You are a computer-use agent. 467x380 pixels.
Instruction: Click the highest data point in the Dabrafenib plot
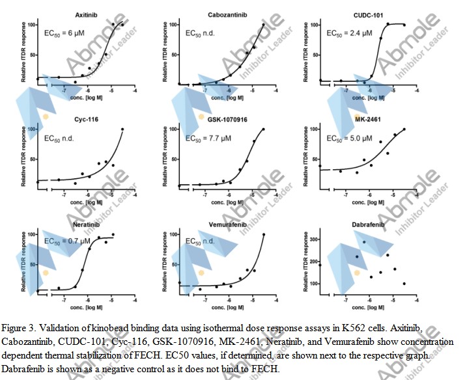click(x=364, y=242)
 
